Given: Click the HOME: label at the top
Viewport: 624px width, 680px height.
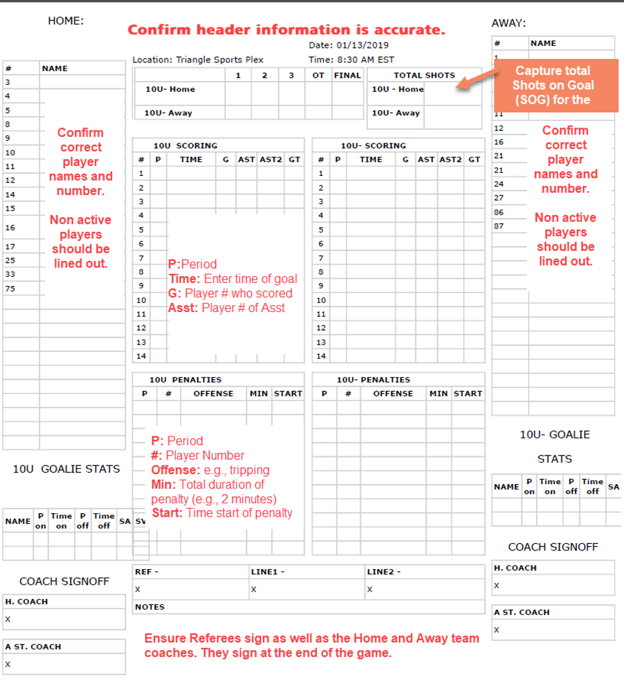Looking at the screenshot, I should point(66,21).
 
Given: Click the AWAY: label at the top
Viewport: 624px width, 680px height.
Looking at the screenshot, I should point(509,23).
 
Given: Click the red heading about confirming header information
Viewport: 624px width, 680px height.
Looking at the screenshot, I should point(286,30).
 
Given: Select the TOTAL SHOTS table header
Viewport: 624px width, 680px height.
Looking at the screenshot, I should point(424,75).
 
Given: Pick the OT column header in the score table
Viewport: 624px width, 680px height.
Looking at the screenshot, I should point(318,75).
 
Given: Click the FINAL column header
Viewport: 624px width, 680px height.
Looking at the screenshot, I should point(347,75).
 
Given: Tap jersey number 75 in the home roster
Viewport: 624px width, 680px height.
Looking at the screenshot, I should point(10,288).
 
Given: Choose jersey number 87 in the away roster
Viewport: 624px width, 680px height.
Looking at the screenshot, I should point(499,226).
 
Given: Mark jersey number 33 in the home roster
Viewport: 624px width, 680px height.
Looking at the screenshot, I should point(10,274).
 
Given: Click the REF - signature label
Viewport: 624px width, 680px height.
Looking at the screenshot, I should point(147,572).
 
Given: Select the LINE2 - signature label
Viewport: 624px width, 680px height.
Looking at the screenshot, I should point(384,572).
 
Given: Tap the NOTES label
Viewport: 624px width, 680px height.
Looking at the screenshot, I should point(150,607).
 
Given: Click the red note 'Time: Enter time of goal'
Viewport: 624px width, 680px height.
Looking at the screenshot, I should point(233,279).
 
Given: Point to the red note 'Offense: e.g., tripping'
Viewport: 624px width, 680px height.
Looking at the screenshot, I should point(210,470).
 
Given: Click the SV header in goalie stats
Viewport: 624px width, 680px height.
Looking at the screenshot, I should point(141,521).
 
